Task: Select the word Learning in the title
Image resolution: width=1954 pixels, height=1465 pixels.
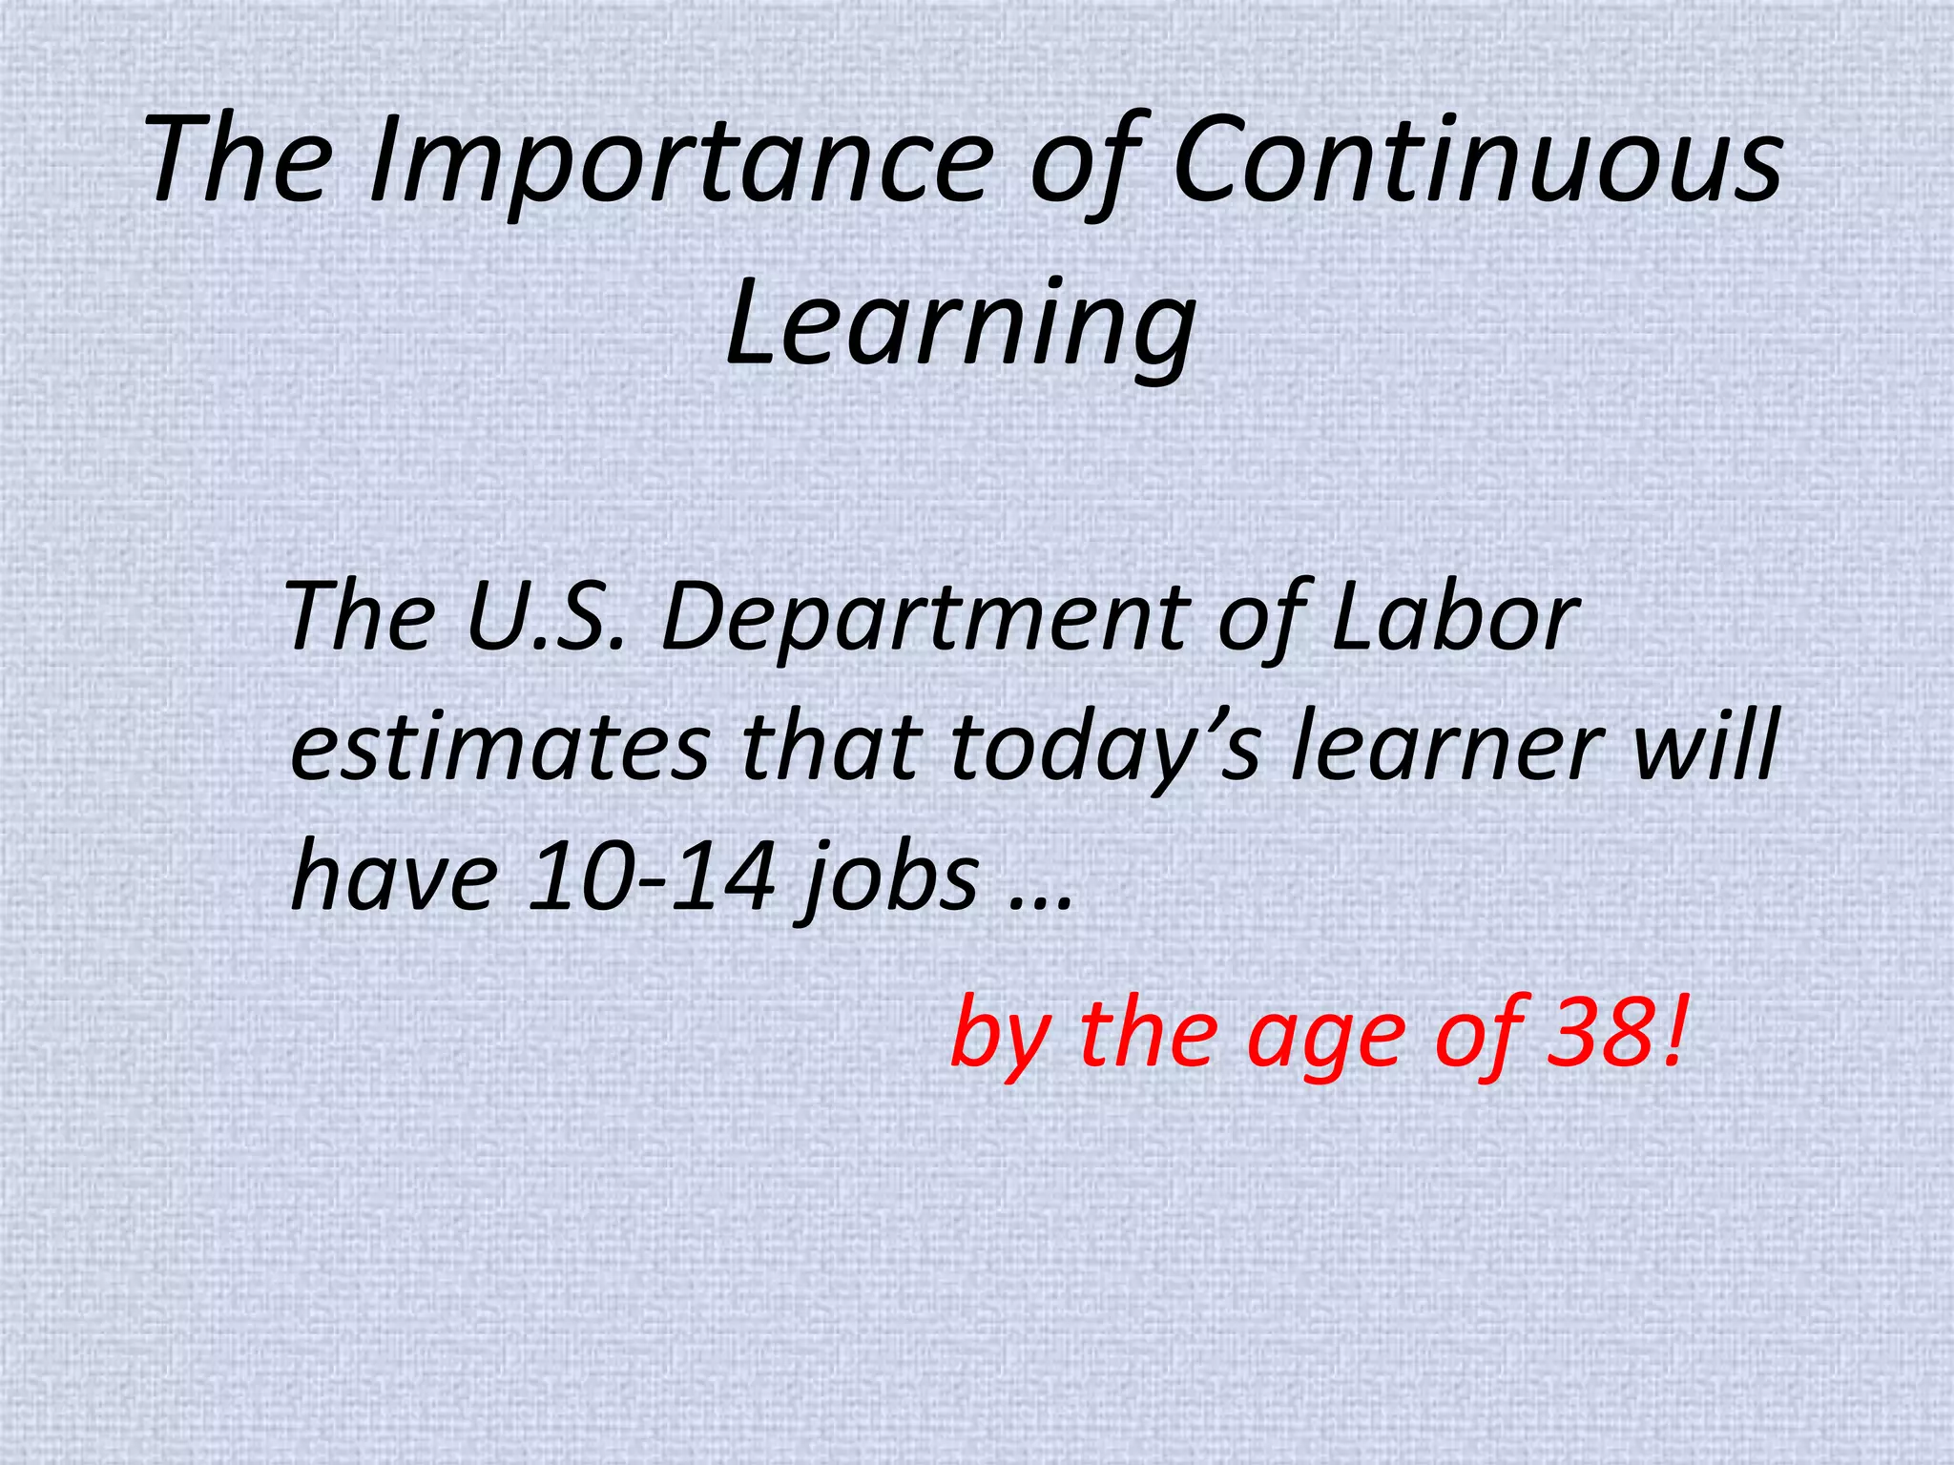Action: tap(960, 322)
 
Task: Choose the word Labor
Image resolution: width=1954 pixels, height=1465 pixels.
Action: tap(1454, 617)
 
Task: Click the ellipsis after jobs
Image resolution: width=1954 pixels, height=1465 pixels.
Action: tap(1041, 901)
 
